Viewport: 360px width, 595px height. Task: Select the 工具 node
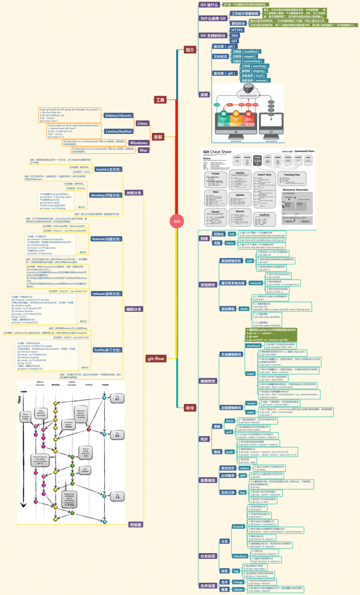tap(160, 100)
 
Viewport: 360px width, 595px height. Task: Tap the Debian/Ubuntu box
tap(118, 115)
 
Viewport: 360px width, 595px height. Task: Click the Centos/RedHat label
tap(118, 131)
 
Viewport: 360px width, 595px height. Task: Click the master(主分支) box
tap(108, 169)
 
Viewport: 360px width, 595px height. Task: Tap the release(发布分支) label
tap(107, 293)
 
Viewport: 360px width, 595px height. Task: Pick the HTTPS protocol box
tap(237, 30)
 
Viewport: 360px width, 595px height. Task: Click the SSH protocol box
tap(235, 35)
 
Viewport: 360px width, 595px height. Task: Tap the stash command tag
tap(244, 309)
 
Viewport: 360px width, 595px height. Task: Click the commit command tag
tap(255, 283)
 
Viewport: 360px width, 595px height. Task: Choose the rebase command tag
tap(239, 589)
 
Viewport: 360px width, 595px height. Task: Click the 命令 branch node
tap(190, 408)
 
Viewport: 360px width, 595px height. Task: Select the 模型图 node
tap(136, 525)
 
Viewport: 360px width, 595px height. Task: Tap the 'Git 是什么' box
tap(209, 5)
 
